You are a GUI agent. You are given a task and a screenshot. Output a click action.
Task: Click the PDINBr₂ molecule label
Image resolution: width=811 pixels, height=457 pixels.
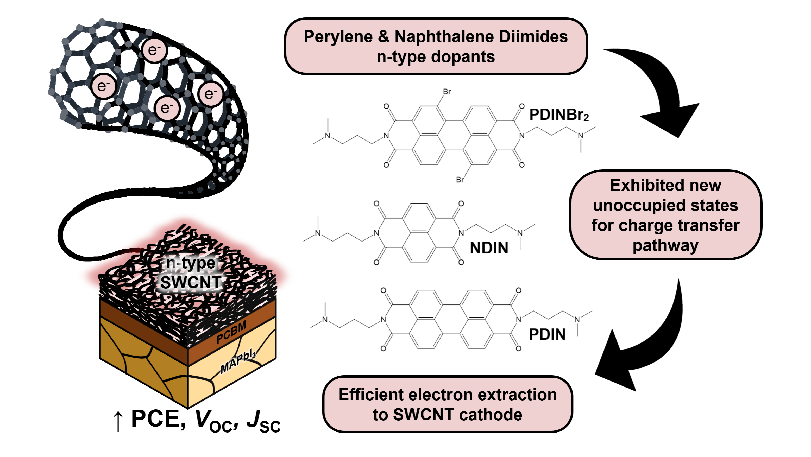[558, 115]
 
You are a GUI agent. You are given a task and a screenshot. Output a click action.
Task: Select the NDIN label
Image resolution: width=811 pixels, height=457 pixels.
[489, 248]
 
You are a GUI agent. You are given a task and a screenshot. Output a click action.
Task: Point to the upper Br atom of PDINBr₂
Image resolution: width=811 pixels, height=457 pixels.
[447, 92]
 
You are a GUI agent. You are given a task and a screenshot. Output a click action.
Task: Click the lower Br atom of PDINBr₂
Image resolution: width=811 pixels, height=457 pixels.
[460, 180]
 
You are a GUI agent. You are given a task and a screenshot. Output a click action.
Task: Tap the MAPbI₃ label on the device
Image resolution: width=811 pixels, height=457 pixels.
[238, 362]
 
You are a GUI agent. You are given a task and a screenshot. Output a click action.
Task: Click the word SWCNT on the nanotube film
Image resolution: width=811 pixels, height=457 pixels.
[191, 282]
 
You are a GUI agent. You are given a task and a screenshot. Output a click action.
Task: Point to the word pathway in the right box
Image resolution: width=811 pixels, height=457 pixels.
[665, 245]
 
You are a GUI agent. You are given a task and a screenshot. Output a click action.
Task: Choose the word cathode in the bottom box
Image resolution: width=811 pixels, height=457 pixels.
[491, 415]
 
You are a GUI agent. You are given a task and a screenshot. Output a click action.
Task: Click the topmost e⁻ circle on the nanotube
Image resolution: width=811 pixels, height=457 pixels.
[154, 50]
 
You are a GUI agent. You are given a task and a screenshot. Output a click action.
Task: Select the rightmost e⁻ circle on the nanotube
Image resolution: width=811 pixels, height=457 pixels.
[211, 94]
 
